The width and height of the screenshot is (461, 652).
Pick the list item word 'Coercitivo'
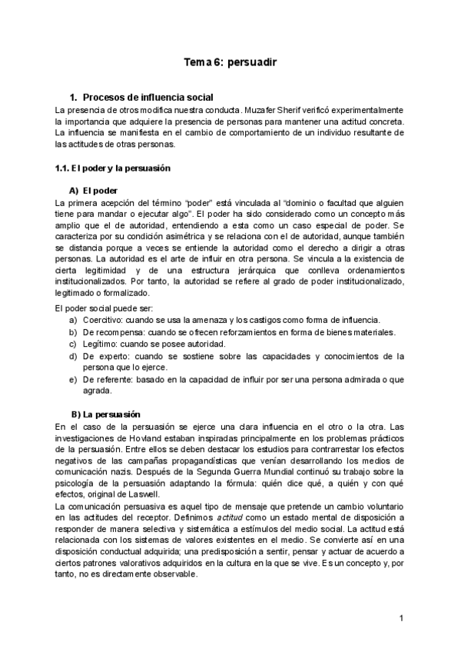tap(101, 320)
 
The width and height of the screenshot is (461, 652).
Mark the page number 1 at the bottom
tap(401, 617)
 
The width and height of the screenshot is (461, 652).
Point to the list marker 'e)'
tap(73, 379)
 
